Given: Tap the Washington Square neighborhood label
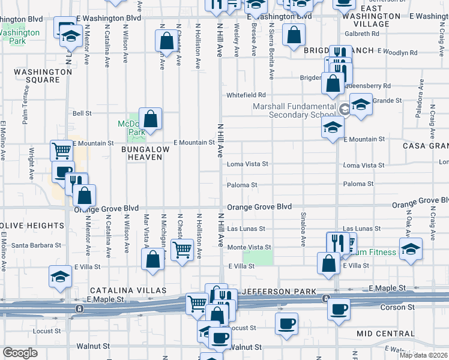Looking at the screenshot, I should pyautogui.click(x=43, y=76).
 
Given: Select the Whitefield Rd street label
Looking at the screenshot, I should pyautogui.click(x=246, y=95).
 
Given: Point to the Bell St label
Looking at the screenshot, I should pyautogui.click(x=82, y=113).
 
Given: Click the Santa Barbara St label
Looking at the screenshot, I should pyautogui.click(x=37, y=245).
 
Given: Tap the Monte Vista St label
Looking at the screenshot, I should pyautogui.click(x=249, y=247).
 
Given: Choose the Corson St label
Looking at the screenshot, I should pyautogui.click(x=395, y=307).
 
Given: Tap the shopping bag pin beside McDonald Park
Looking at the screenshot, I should pyautogui.click(x=150, y=119).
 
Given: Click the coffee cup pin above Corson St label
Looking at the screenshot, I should pyautogui.click(x=339, y=310).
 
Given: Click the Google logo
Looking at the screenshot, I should pyautogui.click(x=20, y=353).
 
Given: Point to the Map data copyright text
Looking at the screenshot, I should pyautogui.click(x=423, y=355).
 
